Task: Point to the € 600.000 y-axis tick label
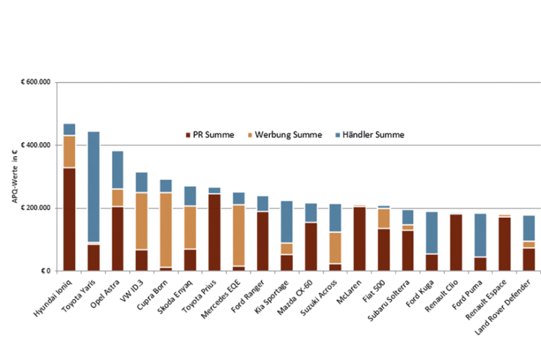click(39, 83)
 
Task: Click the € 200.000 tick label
click(39, 208)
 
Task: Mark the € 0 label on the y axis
click(46, 271)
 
